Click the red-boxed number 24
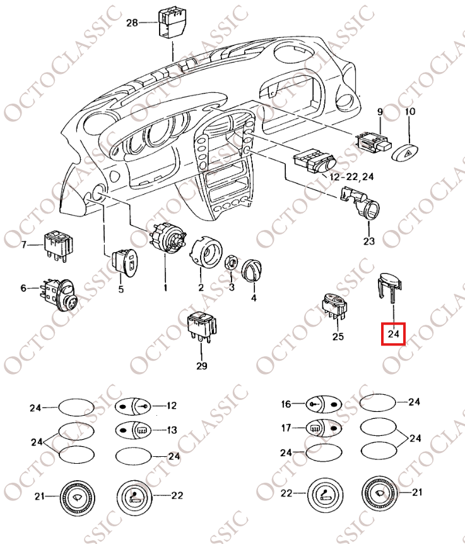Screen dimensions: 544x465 pyautogui.click(x=394, y=333)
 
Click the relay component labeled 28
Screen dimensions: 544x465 pyautogui.click(x=170, y=23)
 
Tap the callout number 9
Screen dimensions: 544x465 pyautogui.click(x=380, y=112)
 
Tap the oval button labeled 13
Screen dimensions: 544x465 pyautogui.click(x=133, y=430)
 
